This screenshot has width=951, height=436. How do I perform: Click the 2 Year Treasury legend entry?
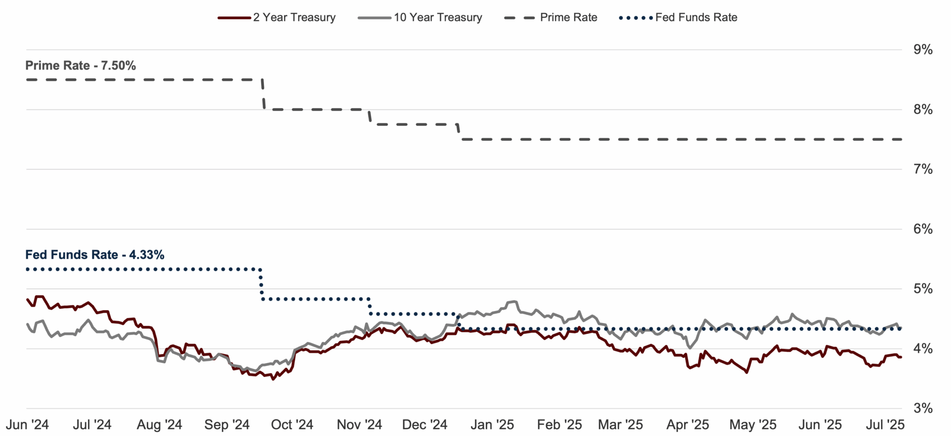click(277, 17)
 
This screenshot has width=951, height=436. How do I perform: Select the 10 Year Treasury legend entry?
click(420, 17)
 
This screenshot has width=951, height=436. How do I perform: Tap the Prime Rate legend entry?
click(551, 17)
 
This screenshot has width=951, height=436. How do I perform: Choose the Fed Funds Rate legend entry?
click(678, 17)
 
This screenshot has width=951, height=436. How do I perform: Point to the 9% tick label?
click(923, 50)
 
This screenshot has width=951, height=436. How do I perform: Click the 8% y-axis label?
click(923, 109)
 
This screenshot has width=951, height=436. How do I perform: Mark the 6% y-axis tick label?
click(923, 229)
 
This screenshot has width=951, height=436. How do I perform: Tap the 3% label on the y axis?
click(923, 408)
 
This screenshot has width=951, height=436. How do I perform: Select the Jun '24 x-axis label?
click(27, 425)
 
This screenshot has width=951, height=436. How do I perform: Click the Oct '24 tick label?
click(292, 425)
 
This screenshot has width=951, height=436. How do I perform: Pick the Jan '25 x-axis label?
click(492, 425)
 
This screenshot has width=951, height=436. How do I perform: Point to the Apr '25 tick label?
click(687, 425)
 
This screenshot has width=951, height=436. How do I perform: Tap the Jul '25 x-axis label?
click(885, 425)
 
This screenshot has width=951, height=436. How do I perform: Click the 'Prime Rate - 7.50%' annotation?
click(81, 65)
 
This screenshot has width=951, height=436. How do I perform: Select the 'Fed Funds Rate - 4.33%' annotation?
click(95, 255)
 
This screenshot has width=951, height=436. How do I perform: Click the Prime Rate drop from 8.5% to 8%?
click(263, 94)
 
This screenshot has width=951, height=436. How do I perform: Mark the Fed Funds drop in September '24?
click(261, 284)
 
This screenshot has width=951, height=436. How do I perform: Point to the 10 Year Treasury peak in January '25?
click(514, 301)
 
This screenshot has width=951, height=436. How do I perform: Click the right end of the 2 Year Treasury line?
click(901, 357)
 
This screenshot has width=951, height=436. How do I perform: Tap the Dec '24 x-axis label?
click(424, 425)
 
